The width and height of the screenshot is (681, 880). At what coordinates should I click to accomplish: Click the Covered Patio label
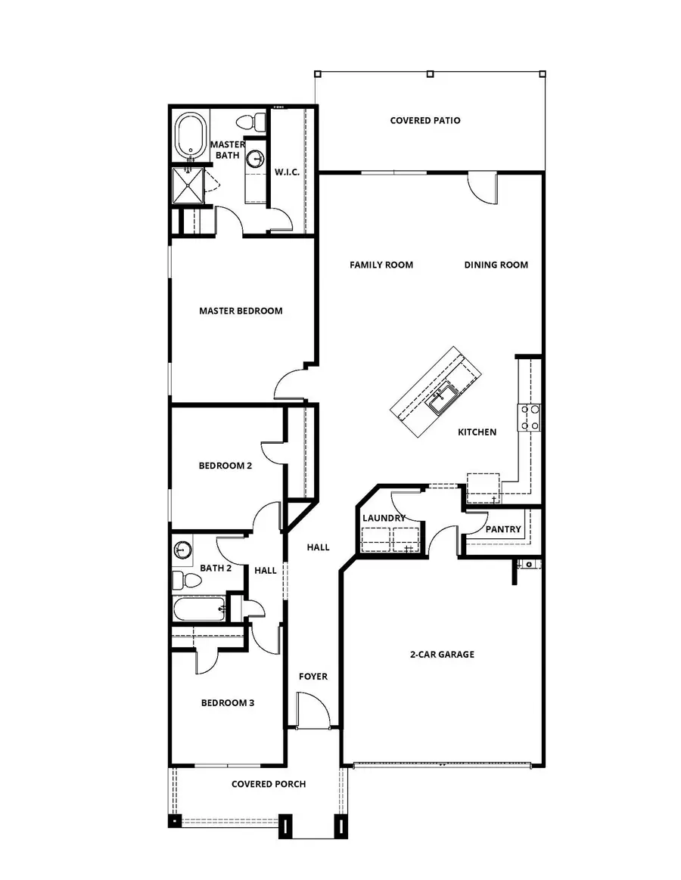point(425,120)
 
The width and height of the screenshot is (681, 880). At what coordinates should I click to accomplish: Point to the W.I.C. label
point(288,172)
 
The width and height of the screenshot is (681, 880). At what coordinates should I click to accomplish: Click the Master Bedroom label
point(241,311)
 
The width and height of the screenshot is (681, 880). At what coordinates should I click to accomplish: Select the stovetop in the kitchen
point(529,417)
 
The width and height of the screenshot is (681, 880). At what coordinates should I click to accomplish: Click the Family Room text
point(381,265)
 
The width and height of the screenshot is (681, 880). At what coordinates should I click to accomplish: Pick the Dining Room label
point(496,265)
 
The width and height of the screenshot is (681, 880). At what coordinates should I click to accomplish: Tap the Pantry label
point(503,529)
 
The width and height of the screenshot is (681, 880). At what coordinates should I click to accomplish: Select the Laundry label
point(384,518)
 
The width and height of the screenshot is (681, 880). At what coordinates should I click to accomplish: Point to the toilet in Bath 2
point(185,581)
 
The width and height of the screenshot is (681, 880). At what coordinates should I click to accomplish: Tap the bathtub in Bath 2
point(199,608)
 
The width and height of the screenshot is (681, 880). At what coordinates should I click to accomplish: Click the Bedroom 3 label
point(227,702)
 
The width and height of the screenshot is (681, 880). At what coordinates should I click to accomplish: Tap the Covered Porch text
point(269,784)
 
